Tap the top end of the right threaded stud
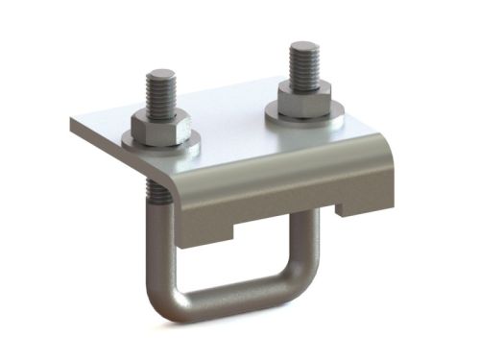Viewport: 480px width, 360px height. coord(305,48)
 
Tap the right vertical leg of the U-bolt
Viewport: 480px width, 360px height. coord(307,235)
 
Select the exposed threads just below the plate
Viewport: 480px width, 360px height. coord(161,193)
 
